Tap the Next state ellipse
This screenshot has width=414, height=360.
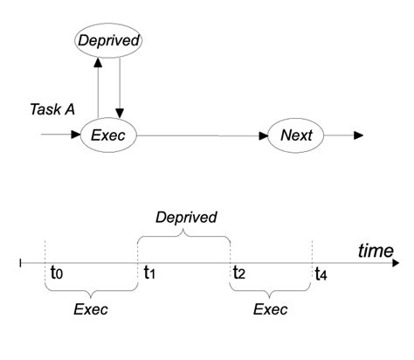coord(296,135)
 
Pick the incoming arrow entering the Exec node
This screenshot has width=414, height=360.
coord(60,135)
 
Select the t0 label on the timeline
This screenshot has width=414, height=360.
coord(57,273)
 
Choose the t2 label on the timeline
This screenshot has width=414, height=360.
coord(239,273)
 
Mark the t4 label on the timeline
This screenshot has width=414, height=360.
coord(322,273)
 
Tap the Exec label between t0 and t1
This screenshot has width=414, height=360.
coord(91,308)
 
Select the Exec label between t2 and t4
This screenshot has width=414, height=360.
coord(270,308)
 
